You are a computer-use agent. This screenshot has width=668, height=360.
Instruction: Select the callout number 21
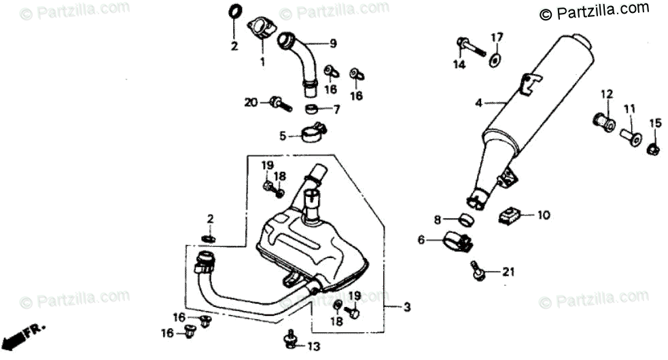point(509,272)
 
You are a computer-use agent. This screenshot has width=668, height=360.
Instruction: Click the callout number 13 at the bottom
point(313,346)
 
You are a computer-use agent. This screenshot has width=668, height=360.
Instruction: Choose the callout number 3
point(406,308)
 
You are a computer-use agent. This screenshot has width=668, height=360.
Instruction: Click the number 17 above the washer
point(497,37)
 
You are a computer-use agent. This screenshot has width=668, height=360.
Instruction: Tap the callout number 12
point(606,94)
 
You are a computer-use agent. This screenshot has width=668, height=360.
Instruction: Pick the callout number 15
point(654,123)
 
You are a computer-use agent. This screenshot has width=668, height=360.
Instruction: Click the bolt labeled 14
point(470,47)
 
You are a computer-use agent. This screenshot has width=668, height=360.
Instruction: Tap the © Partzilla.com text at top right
point(594,11)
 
